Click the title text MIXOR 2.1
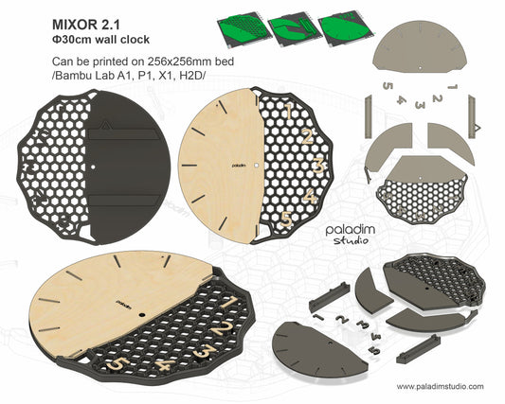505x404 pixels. click(85, 25)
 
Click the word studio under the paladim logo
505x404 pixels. click(351, 240)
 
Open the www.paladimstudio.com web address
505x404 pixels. click(440, 386)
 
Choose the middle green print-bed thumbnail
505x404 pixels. click(295, 29)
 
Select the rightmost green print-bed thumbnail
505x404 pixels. click(346, 29)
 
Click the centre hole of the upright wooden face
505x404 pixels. click(256, 165)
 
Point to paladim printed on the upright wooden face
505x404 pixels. click(239, 166)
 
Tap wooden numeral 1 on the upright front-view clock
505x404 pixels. click(289, 111)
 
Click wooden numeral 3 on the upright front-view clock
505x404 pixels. click(318, 166)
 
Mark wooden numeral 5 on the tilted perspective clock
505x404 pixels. click(117, 363)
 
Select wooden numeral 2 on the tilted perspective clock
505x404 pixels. click(223, 328)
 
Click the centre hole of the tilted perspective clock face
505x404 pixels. click(141, 314)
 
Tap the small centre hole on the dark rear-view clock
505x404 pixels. click(93, 167)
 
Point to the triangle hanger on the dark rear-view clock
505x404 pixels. click(104, 125)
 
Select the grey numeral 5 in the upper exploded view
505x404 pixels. click(388, 86)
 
